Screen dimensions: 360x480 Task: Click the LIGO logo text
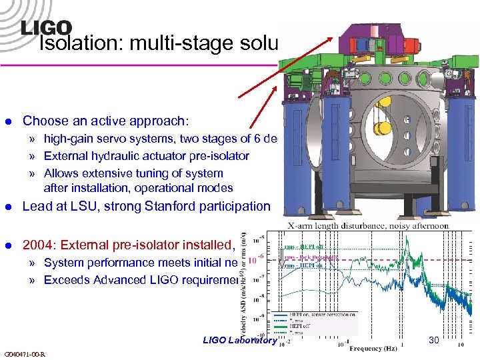(x=46, y=27)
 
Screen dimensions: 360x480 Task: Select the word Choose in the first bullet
(x=43, y=121)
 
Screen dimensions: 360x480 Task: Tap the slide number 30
(x=434, y=340)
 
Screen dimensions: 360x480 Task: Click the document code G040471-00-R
(x=25, y=353)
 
